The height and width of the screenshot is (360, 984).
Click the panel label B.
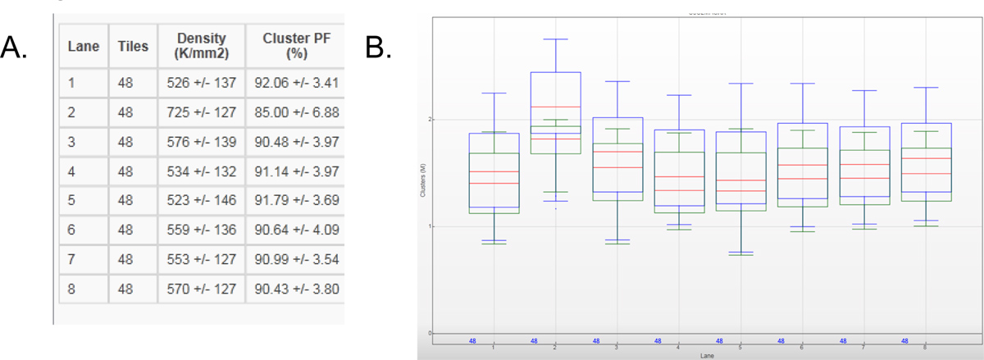[378, 48]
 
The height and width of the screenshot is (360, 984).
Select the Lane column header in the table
[82, 47]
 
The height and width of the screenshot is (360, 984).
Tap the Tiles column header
[133, 47]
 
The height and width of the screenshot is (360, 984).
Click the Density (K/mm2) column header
[201, 46]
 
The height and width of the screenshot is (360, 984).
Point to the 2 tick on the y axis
[430, 120]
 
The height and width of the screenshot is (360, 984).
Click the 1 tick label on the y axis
[430, 226]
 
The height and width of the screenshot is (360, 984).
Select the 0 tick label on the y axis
[430, 333]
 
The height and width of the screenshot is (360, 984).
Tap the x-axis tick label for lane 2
[555, 348]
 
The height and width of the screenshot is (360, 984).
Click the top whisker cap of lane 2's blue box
[555, 39]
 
